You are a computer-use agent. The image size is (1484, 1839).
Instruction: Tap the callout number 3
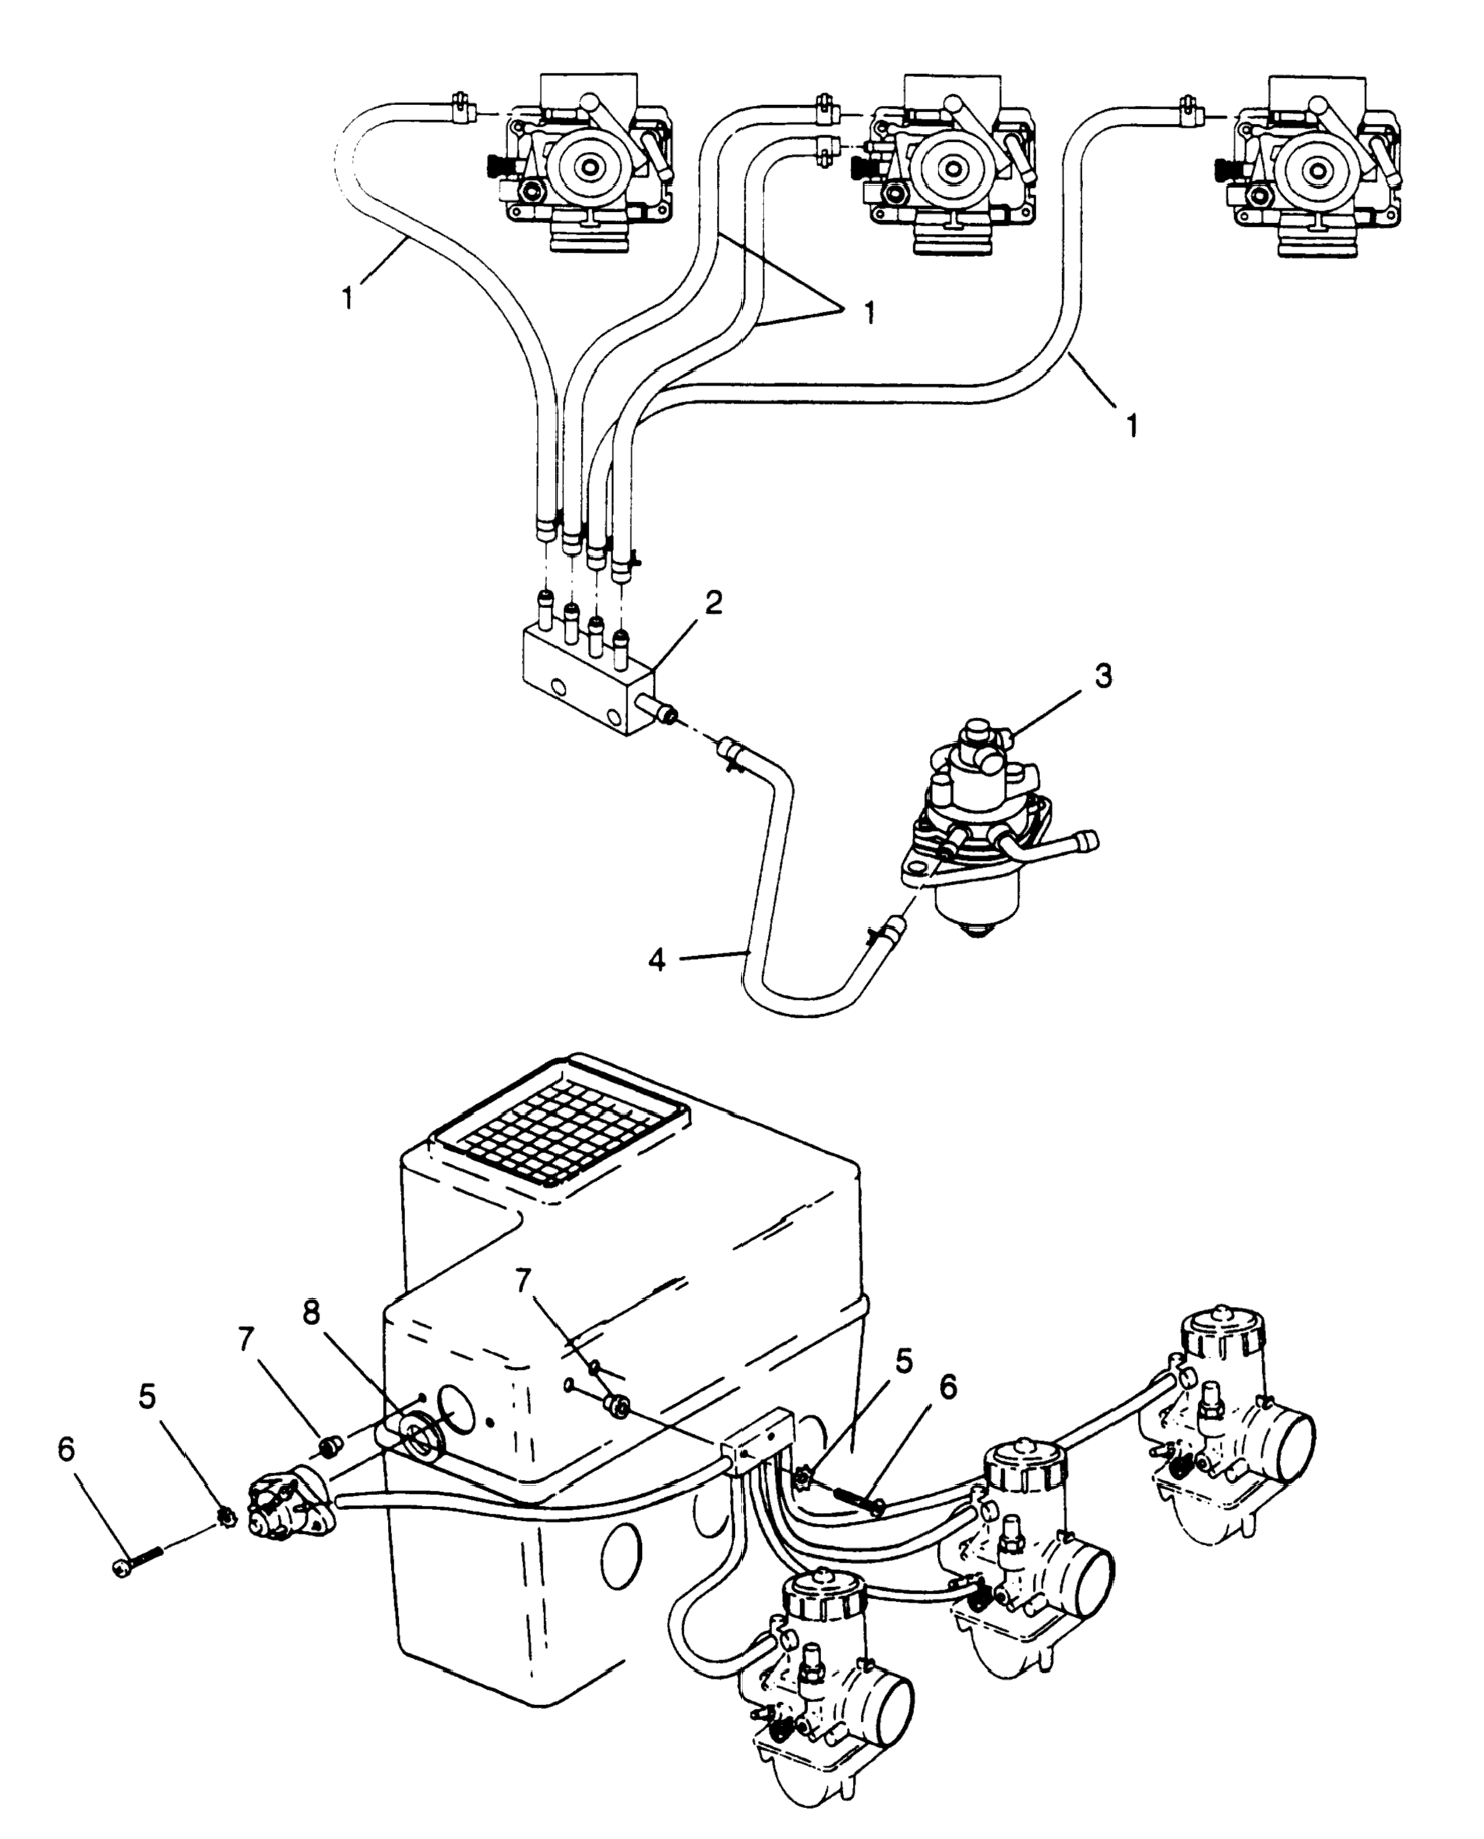tap(1103, 677)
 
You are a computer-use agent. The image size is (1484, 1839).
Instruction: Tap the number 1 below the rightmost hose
tap(1133, 425)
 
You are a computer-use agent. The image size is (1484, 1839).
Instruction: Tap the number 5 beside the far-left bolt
tap(148, 1397)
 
